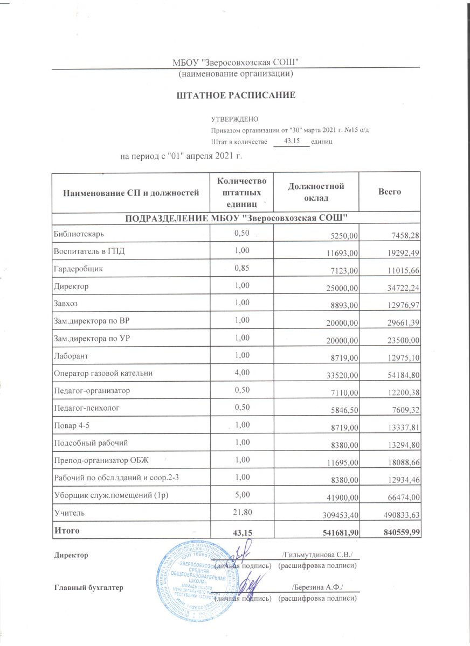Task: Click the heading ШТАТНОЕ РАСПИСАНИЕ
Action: point(236,96)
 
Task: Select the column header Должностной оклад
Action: point(316,192)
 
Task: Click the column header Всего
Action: point(390,192)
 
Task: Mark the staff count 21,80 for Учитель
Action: point(241,513)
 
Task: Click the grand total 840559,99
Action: point(399,532)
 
